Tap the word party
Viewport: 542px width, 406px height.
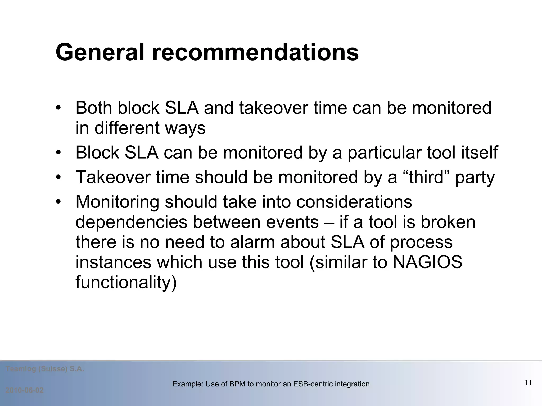coord(475,178)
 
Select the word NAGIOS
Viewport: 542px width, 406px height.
coord(427,262)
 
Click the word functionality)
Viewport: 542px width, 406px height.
coord(126,283)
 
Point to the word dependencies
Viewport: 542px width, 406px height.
coord(132,222)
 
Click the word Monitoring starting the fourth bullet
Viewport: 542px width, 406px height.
coord(117,202)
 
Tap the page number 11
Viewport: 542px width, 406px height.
coord(528,382)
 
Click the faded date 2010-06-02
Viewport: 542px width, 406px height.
coord(25,390)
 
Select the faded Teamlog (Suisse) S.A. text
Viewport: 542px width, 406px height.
coord(45,369)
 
